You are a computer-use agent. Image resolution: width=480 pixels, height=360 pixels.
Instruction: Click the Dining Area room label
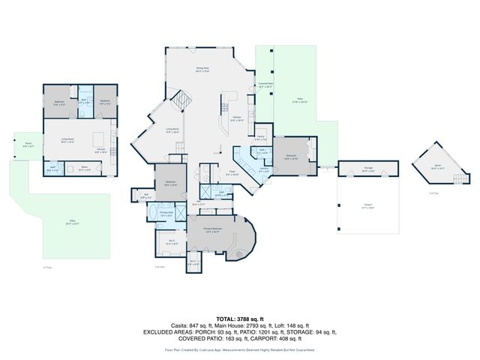click(202, 70)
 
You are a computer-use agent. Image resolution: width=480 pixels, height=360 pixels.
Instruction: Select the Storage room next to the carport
click(368, 169)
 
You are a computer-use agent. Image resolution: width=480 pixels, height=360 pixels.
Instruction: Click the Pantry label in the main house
click(259, 139)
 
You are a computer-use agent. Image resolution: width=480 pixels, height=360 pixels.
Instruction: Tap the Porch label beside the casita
click(28, 146)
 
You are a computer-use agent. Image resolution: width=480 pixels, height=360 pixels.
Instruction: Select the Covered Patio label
click(265, 85)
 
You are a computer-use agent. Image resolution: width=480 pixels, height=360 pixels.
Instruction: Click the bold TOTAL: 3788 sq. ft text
click(239, 319)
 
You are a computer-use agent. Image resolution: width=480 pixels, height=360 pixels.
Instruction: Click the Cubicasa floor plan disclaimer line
click(239, 349)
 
